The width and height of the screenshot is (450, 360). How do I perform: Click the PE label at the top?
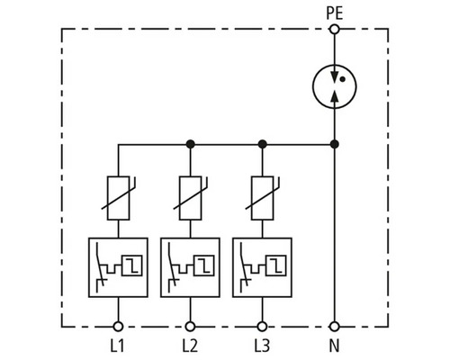click(334, 13)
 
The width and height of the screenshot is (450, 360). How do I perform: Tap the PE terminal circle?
click(334, 30)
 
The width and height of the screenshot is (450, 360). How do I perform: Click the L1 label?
click(117, 346)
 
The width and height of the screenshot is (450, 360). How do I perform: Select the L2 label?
click(190, 346)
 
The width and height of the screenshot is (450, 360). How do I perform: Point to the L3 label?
click(262, 346)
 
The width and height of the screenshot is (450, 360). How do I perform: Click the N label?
click(334, 346)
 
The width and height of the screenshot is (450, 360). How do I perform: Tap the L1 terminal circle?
click(118, 327)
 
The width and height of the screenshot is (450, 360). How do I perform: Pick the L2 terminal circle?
click(190, 327)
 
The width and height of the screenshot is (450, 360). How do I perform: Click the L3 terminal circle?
click(262, 327)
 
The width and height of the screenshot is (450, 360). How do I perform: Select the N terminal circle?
click(334, 327)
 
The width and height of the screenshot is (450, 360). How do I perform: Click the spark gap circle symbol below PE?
click(312, 86)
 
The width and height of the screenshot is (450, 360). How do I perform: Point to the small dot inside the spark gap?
click(343, 79)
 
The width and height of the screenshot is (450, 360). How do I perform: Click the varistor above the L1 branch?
click(118, 198)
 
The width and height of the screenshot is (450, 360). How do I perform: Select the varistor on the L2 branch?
click(190, 198)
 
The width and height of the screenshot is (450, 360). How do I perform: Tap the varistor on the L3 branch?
click(262, 198)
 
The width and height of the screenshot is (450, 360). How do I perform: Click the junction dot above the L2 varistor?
click(190, 144)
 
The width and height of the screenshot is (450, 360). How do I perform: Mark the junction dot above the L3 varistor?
click(262, 144)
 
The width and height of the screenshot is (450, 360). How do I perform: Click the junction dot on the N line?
click(334, 144)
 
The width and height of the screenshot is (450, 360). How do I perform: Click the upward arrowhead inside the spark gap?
click(335, 95)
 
